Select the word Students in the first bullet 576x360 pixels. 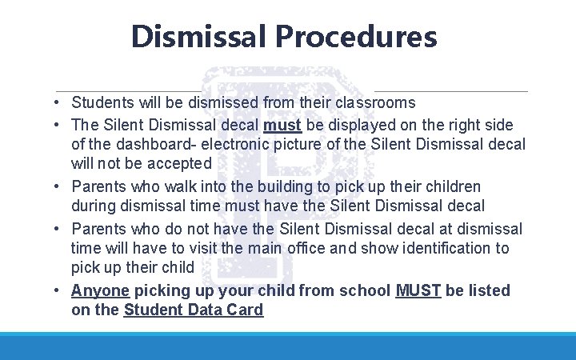(101, 102)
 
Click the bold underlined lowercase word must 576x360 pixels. (282, 126)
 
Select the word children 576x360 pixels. (453, 186)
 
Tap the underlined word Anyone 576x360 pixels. (101, 290)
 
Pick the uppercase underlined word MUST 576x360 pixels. (418, 290)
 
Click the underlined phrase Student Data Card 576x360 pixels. (194, 310)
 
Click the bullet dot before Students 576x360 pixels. (59, 103)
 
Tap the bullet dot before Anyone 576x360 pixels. (59, 290)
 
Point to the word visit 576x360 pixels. (207, 248)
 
